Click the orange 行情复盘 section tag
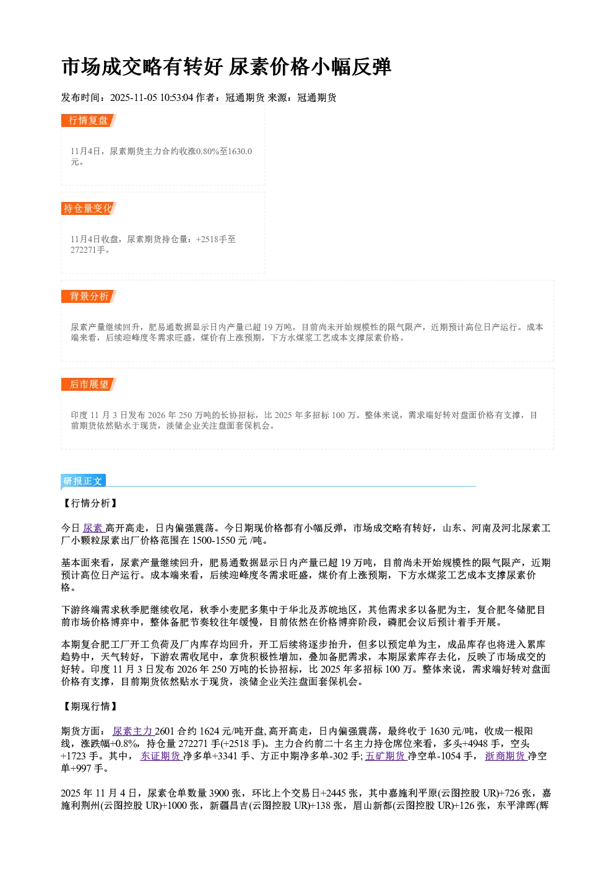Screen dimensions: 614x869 coord(89,120)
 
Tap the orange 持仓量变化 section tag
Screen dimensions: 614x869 coord(89,208)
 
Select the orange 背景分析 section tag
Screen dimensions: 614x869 coord(89,297)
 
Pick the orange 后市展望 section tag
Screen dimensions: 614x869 coord(89,385)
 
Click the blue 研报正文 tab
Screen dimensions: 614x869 coord(83,481)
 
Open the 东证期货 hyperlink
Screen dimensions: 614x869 coord(162,756)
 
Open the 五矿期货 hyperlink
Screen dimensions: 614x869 coord(386,756)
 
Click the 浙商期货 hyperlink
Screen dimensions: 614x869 coord(506,756)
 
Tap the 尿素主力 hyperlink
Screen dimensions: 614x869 coord(133,731)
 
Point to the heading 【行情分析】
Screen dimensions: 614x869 coord(90,503)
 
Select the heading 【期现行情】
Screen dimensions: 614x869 coord(90,706)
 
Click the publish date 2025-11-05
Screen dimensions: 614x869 coord(133,97)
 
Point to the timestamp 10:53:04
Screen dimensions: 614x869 coord(176,97)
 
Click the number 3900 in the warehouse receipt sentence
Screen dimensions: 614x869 coord(219,793)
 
